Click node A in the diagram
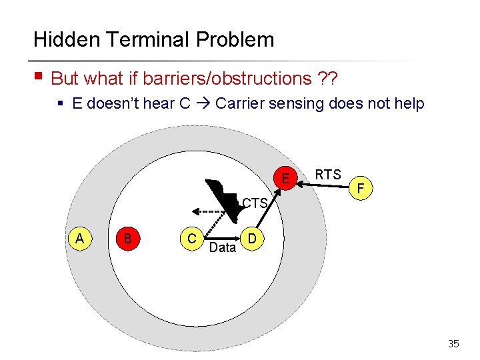click(79, 239)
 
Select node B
click(127, 239)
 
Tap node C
click(191, 239)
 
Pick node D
click(251, 239)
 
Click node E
click(285, 179)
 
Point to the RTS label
click(328, 175)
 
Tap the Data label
click(222, 248)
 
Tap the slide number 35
click(453, 344)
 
